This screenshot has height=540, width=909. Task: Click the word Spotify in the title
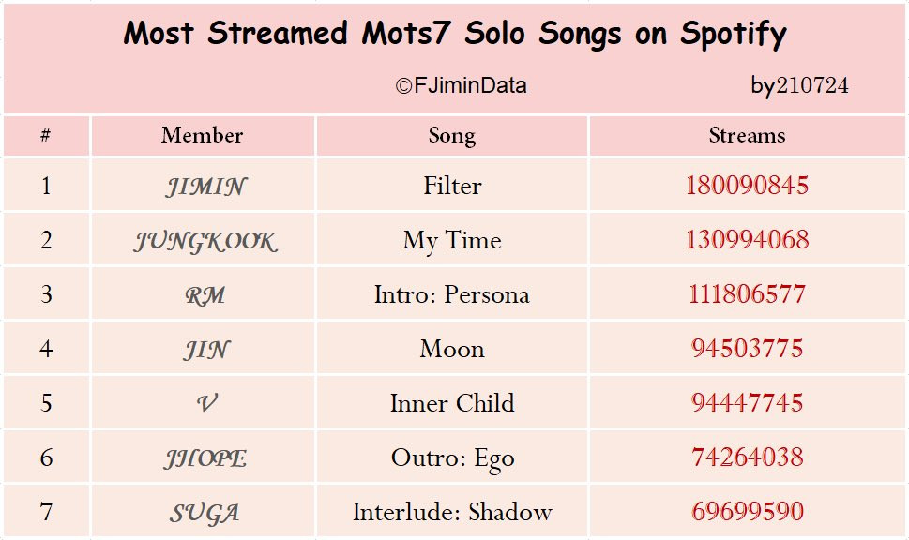tap(734, 34)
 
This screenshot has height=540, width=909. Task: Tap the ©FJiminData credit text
tap(462, 85)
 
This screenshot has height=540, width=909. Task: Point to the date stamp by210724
tap(799, 85)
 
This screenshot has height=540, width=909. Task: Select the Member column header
tap(202, 135)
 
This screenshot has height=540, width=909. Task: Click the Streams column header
tap(747, 135)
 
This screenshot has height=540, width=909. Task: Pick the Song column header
tap(452, 136)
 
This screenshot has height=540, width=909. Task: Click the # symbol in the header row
tap(45, 135)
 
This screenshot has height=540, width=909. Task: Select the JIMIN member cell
tap(205, 187)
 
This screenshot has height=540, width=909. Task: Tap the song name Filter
tap(452, 186)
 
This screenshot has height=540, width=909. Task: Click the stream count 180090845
tap(747, 186)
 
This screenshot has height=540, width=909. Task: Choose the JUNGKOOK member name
tap(205, 241)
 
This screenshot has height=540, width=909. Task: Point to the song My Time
tap(452, 241)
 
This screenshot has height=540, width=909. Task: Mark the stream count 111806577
tap(747, 293)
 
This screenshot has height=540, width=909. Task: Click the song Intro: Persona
tap(452, 294)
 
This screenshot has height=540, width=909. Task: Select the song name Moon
tap(452, 349)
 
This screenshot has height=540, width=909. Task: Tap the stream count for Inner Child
tap(747, 403)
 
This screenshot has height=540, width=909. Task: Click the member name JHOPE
tap(205, 458)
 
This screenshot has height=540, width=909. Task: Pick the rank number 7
tap(46, 511)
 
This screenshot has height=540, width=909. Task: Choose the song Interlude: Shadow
tap(452, 512)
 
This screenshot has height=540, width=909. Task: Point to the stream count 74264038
tap(747, 457)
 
